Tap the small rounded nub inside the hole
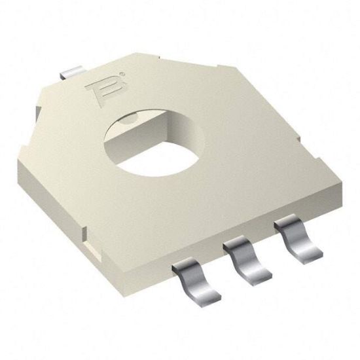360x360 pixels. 128,117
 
